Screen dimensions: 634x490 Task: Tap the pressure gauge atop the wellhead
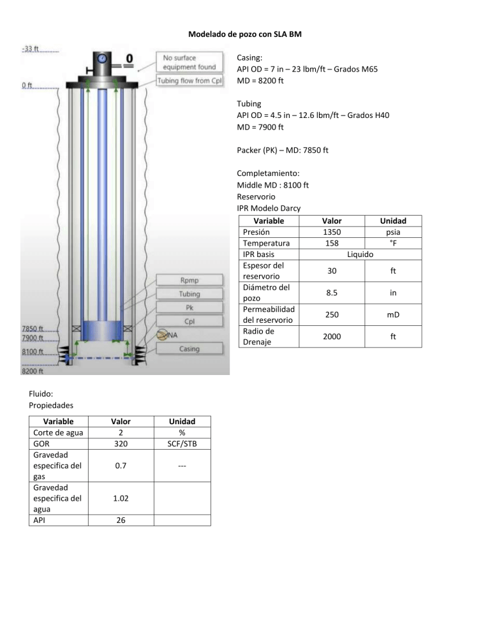point(102,58)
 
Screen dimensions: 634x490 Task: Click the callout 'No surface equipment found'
point(189,62)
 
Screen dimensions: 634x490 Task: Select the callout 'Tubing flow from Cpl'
point(189,80)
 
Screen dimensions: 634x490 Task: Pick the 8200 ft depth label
point(32,371)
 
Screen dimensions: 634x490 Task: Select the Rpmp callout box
point(189,281)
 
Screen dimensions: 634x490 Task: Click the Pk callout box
point(189,307)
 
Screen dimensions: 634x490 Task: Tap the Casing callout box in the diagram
point(189,349)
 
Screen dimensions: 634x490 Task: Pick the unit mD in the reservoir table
point(392,315)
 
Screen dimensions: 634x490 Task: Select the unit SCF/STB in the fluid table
point(182,443)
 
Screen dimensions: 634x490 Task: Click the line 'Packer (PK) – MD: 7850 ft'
point(283,152)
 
